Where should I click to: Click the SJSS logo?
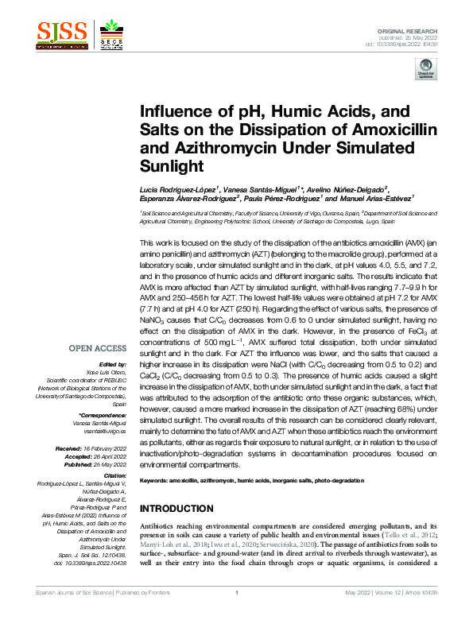tap(62, 32)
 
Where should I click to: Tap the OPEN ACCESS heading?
tap(97, 348)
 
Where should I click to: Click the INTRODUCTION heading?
tap(176, 509)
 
